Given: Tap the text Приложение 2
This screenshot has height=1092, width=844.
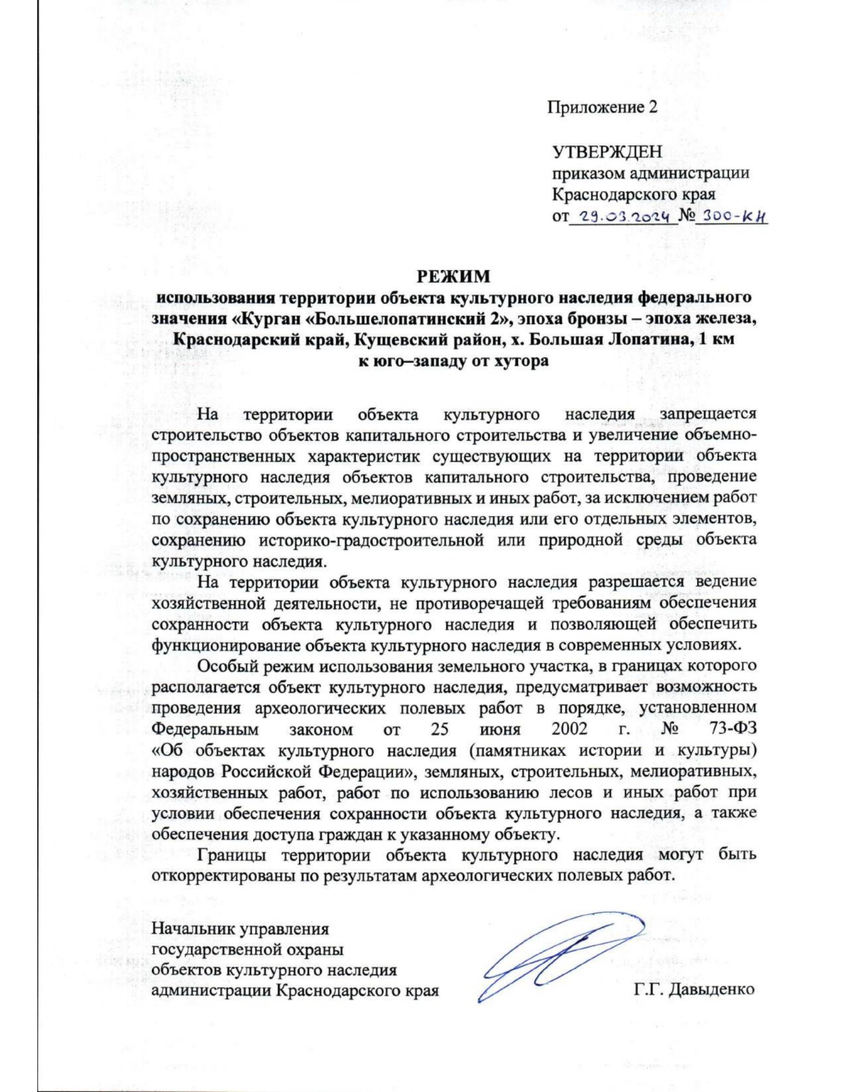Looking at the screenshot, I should click(x=602, y=108).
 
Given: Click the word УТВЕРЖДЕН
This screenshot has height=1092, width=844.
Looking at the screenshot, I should click(x=607, y=153).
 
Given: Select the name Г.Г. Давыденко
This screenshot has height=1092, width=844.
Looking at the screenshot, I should click(x=694, y=989).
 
